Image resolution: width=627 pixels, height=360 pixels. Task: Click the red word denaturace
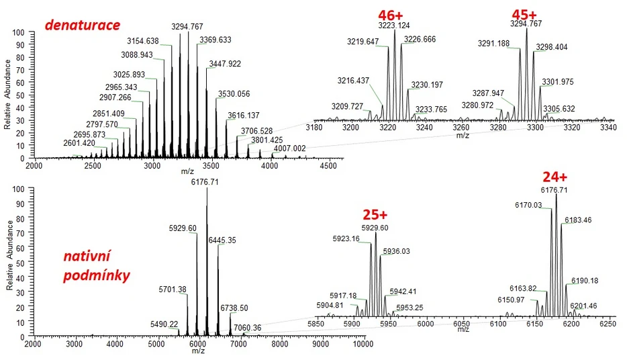coord(82,25)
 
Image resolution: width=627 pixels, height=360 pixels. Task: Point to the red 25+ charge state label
coord(375,215)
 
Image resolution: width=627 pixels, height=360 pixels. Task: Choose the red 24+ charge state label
coord(554,177)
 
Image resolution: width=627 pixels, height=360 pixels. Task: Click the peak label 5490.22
coord(164,324)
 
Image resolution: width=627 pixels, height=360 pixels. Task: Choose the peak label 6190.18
coord(585,280)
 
